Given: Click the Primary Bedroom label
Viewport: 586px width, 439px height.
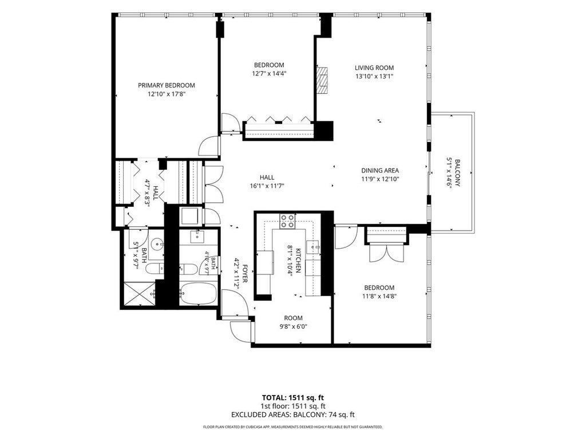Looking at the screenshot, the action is pyautogui.click(x=167, y=85).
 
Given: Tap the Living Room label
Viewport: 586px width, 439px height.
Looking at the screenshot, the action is pyautogui.click(x=374, y=67).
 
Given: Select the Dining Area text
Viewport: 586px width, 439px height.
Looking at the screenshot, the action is pyautogui.click(x=380, y=170).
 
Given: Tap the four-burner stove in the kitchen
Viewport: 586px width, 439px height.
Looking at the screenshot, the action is pyautogui.click(x=287, y=221).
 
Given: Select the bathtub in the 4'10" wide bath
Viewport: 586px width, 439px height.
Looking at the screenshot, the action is pyautogui.click(x=197, y=293).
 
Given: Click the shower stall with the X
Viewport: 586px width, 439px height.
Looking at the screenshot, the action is pyautogui.click(x=140, y=294).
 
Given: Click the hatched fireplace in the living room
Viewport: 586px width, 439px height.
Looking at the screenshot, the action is pyautogui.click(x=322, y=80).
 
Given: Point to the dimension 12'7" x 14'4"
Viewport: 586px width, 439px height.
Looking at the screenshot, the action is pyautogui.click(x=269, y=74).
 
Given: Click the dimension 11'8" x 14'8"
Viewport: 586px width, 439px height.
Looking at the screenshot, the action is pyautogui.click(x=379, y=297).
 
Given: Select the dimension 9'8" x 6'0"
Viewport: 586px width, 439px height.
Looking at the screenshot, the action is pyautogui.click(x=294, y=326).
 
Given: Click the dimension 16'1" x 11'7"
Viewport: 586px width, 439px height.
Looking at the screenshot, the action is pyautogui.click(x=267, y=186).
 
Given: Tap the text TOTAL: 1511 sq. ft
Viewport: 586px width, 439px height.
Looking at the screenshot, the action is pyautogui.click(x=290, y=398).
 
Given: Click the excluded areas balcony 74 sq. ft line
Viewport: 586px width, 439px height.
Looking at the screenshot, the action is pyautogui.click(x=292, y=414).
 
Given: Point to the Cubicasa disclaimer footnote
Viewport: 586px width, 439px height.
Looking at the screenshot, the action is pyautogui.click(x=292, y=426).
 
